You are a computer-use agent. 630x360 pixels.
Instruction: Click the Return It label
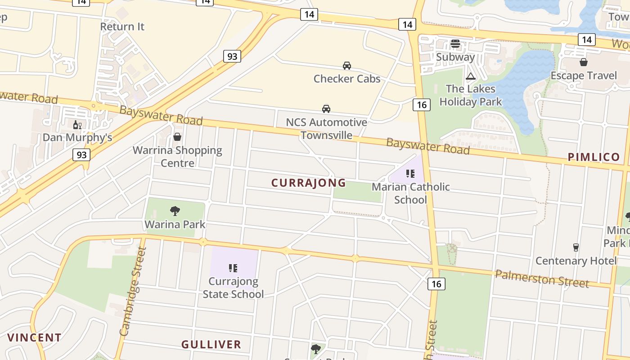point(122,27)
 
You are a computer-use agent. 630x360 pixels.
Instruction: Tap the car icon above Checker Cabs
point(347,66)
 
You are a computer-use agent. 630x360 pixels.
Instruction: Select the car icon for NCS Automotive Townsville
point(326,109)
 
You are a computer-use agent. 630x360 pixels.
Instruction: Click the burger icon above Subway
point(455,44)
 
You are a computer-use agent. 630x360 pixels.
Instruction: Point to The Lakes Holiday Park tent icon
point(471,76)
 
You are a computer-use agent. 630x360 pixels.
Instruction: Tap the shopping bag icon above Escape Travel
point(584,62)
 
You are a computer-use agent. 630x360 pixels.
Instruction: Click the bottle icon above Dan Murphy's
point(77,125)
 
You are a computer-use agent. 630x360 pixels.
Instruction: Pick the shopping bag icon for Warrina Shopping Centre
point(177,137)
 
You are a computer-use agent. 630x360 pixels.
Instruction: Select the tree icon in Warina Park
point(175,211)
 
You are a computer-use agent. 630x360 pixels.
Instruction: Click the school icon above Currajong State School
point(233,268)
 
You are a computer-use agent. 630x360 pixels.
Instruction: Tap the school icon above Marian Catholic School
point(410,174)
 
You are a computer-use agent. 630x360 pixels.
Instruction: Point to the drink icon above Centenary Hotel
point(576,247)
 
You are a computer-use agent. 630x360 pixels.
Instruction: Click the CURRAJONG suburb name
point(309,183)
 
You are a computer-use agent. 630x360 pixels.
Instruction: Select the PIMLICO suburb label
point(594,157)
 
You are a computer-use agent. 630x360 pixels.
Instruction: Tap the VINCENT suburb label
point(34,337)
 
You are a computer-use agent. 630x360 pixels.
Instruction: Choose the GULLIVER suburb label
point(211,345)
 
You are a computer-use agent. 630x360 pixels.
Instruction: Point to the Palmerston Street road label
point(542,278)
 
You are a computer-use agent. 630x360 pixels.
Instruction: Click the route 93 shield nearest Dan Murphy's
point(81,155)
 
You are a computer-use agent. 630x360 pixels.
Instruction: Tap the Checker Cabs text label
point(347,79)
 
